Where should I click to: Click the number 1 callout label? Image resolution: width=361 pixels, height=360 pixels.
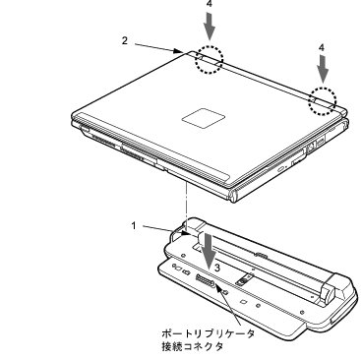pyautogui.click(x=134, y=226)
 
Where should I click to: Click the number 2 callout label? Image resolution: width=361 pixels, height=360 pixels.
pyautogui.click(x=125, y=41)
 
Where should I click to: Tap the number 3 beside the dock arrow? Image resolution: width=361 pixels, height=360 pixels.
pyautogui.click(x=217, y=268)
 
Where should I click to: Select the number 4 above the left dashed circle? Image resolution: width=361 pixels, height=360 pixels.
pyautogui.click(x=210, y=5)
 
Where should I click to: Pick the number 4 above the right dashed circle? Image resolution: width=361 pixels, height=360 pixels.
pyautogui.click(x=322, y=47)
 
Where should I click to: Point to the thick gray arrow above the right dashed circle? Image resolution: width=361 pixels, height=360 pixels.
pyautogui.click(x=323, y=69)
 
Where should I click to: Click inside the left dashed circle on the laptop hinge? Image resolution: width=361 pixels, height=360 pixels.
pyautogui.click(x=210, y=60)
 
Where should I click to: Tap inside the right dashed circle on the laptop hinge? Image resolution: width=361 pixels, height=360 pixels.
pyautogui.click(x=323, y=101)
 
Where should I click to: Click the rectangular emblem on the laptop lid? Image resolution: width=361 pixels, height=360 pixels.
pyautogui.click(x=204, y=118)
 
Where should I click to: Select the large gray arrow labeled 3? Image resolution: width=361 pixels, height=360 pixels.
pyautogui.click(x=209, y=254)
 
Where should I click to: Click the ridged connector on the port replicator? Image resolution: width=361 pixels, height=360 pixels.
pyautogui.click(x=205, y=281)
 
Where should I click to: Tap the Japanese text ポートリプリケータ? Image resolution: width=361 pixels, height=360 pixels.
pyautogui.click(x=209, y=333)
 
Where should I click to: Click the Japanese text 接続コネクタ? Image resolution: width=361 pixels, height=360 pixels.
pyautogui.click(x=193, y=346)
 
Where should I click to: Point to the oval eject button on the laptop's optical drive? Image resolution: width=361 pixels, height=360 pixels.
pyautogui.click(x=281, y=170)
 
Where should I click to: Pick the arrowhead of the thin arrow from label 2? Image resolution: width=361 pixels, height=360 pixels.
pyautogui.click(x=179, y=51)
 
